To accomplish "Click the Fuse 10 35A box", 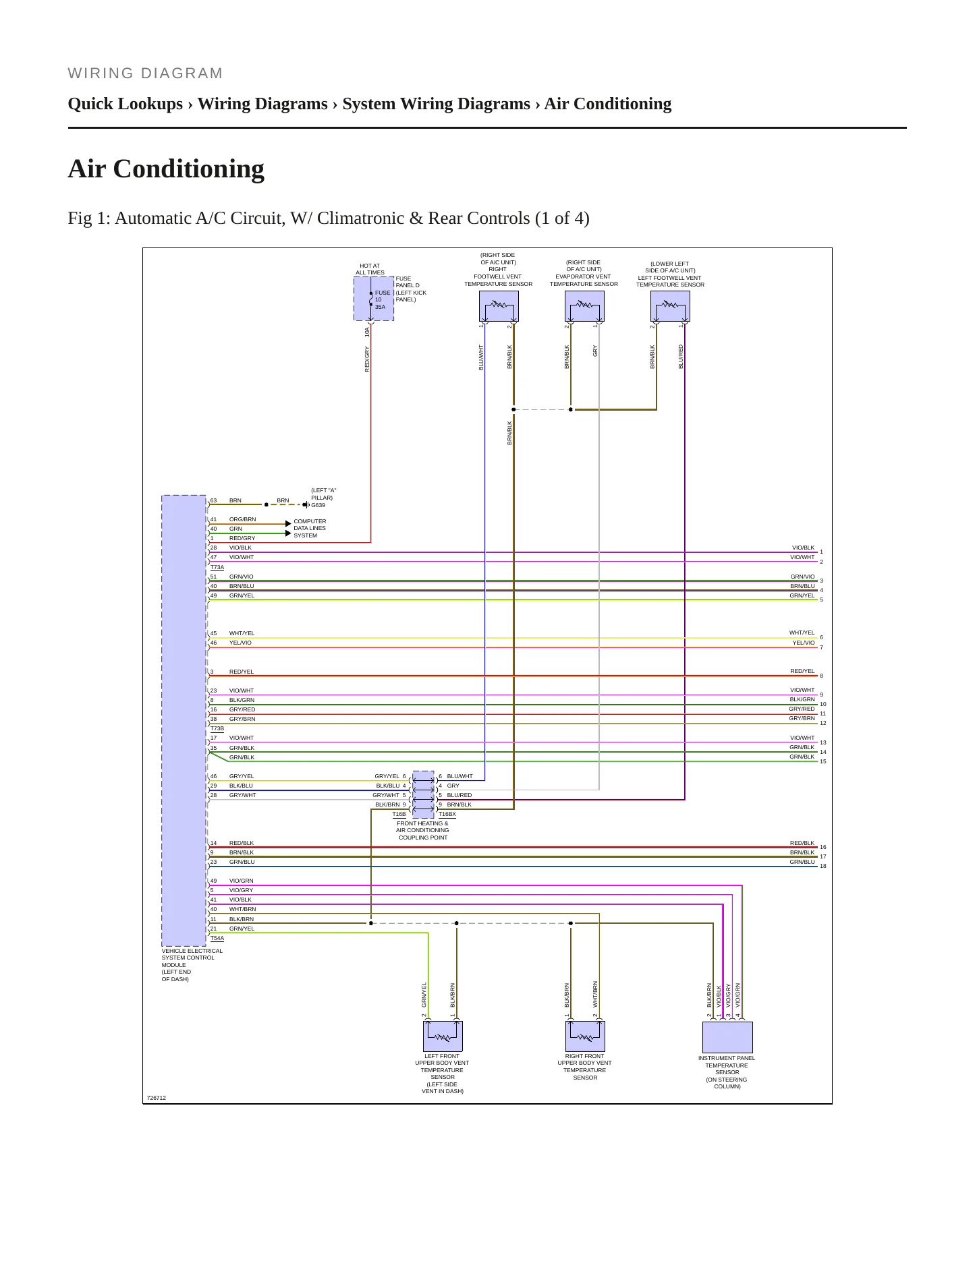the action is pyautogui.click(x=374, y=298).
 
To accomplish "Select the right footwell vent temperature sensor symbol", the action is pyautogui.click(x=499, y=306).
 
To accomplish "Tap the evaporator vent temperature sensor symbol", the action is pyautogui.click(x=584, y=306).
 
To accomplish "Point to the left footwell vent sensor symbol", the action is pyautogui.click(x=670, y=306).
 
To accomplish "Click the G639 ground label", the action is pyautogui.click(x=318, y=505).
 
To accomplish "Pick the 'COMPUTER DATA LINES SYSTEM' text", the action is pyautogui.click(x=310, y=528).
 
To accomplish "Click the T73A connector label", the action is pyautogui.click(x=217, y=567).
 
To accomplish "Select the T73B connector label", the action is pyautogui.click(x=217, y=728).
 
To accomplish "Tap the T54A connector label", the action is pyautogui.click(x=217, y=938).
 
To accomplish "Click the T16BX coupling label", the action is pyautogui.click(x=447, y=814).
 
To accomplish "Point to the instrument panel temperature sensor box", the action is pyautogui.click(x=727, y=1037).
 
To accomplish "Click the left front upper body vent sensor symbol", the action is pyautogui.click(x=443, y=1036).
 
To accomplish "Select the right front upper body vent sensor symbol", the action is pyautogui.click(x=585, y=1036).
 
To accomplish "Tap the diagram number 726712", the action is pyautogui.click(x=157, y=1098).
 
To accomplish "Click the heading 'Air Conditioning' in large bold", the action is pyautogui.click(x=166, y=169).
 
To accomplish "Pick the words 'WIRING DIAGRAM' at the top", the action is pyautogui.click(x=145, y=74).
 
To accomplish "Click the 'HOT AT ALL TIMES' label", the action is pyautogui.click(x=370, y=269).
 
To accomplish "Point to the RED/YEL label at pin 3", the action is pyautogui.click(x=242, y=672).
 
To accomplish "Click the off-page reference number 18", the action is pyautogui.click(x=823, y=866).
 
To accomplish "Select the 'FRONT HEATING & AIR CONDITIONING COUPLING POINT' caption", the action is pyautogui.click(x=422, y=830).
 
